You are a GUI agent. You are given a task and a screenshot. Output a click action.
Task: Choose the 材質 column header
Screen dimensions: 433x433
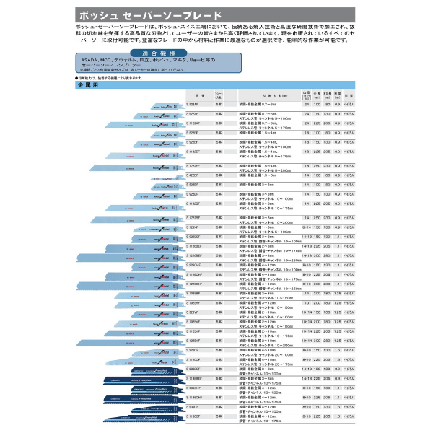point(349,96)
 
